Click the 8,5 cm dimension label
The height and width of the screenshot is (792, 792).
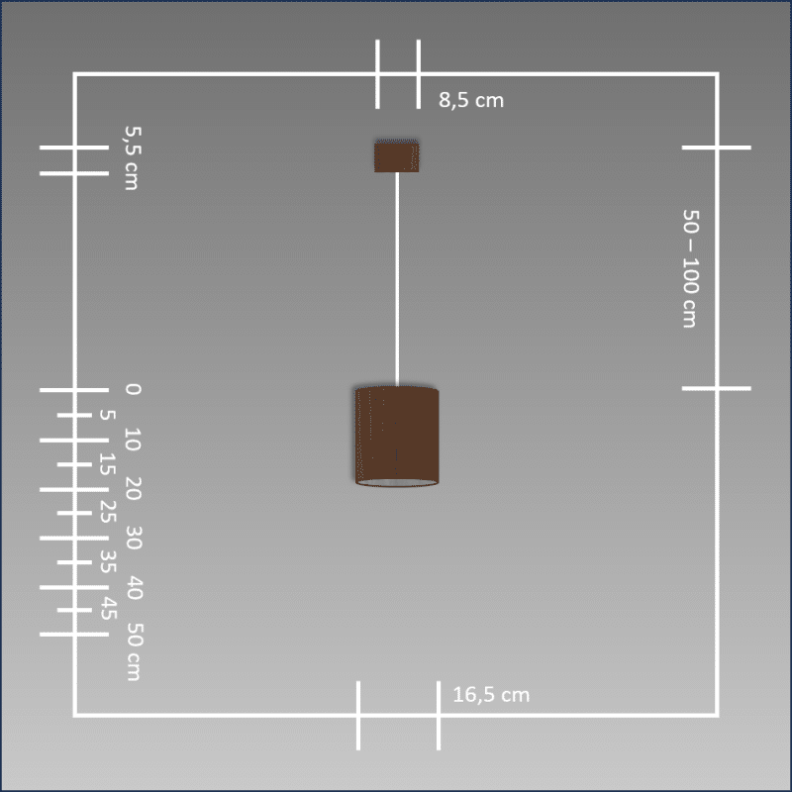tap(471, 100)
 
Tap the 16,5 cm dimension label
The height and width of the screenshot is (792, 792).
tap(491, 695)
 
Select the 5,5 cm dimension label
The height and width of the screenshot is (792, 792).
tap(133, 158)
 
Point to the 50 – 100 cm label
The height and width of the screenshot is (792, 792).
tap(690, 268)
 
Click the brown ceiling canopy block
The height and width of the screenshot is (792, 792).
tap(397, 156)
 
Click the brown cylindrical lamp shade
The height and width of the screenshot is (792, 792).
tap(397, 437)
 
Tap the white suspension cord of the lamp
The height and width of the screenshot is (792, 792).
tap(397, 279)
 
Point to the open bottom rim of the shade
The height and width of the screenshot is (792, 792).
tap(397, 483)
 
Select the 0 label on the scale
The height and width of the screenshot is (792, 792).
tap(133, 389)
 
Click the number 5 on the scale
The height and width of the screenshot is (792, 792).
tap(107, 415)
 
